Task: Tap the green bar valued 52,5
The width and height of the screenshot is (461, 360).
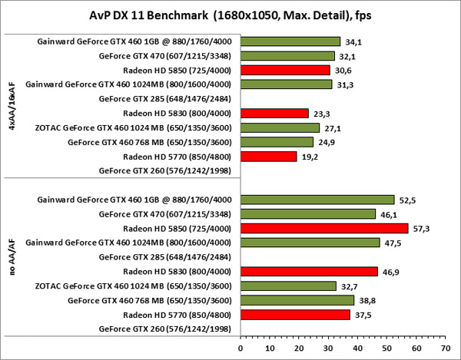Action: click(x=317, y=200)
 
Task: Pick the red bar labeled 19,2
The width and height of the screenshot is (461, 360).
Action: click(x=268, y=157)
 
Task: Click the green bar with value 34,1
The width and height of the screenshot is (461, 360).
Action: click(x=290, y=41)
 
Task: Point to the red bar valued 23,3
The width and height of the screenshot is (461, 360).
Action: click(x=274, y=114)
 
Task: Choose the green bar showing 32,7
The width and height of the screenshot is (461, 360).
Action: click(x=289, y=286)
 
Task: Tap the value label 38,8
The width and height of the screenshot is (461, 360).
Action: click(x=366, y=300)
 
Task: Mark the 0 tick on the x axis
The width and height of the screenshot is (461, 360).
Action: click(x=240, y=346)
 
